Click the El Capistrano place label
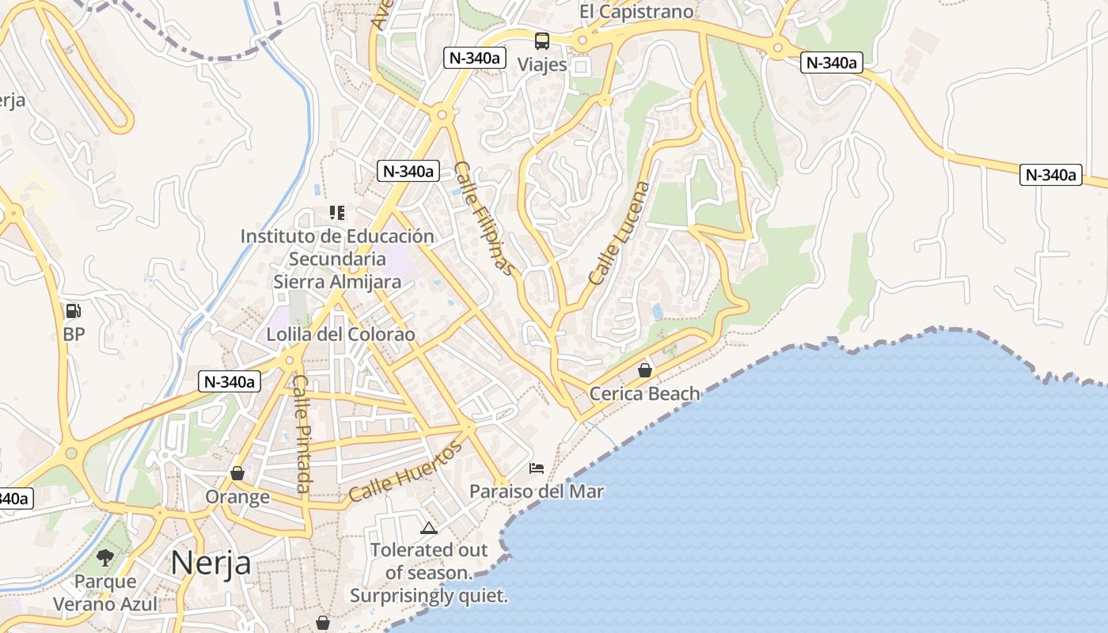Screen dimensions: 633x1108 point(636,11)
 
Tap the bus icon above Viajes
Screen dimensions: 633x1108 point(542,41)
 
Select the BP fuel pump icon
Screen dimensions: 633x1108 point(74,311)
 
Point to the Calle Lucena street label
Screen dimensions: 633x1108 point(620,233)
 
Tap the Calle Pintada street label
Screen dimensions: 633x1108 point(302,433)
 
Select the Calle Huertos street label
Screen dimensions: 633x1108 point(405,472)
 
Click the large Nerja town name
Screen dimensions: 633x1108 point(211,563)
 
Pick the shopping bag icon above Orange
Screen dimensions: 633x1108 point(237,473)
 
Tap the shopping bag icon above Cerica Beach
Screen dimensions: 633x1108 point(645,370)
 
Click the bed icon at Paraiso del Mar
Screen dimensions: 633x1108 point(537,468)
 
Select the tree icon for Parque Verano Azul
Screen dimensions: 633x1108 point(105,558)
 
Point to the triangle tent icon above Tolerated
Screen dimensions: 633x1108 point(429,528)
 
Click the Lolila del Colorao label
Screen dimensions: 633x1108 point(340,334)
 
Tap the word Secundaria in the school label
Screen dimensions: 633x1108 point(337,259)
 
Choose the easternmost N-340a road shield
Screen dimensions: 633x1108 point(1050,175)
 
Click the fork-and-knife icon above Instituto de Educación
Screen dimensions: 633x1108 point(337,213)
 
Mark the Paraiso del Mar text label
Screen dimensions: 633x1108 point(537,491)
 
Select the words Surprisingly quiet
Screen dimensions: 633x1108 point(429,596)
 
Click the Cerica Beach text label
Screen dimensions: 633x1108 point(645,393)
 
